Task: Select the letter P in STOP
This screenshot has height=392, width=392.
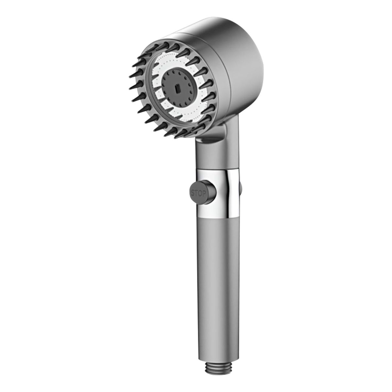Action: pyautogui.click(x=204, y=194)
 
